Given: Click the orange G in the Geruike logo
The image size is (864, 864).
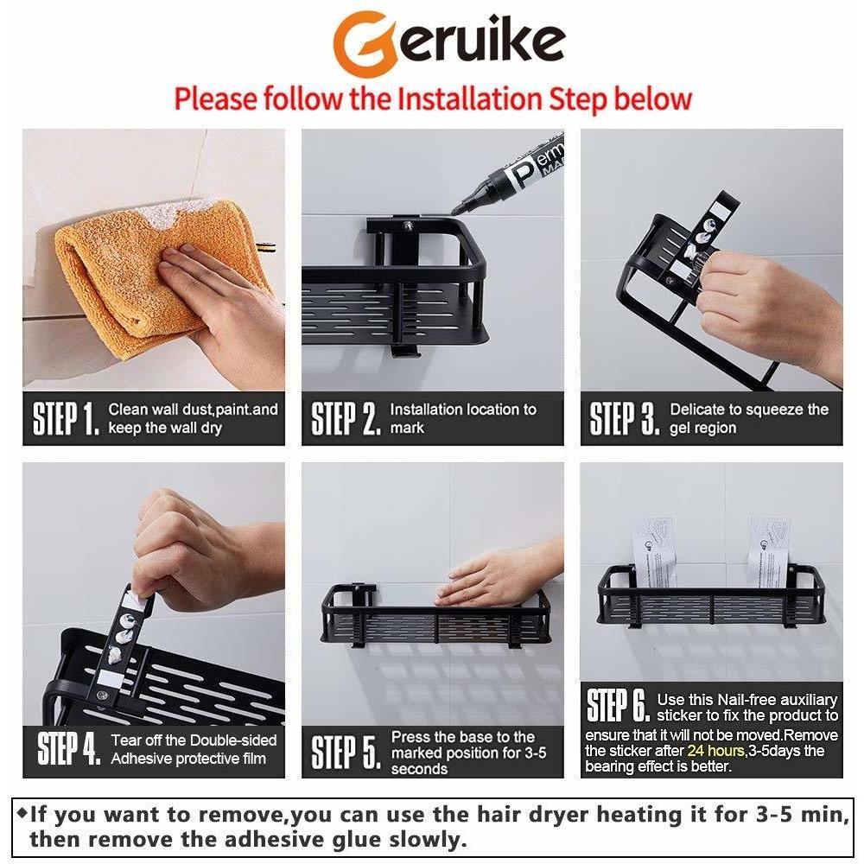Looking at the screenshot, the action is click(365, 44).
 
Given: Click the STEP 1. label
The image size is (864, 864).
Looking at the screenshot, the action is click(67, 419).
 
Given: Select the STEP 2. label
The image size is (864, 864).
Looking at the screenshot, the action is click(346, 419).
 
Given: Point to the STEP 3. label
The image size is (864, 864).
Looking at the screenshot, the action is click(625, 419).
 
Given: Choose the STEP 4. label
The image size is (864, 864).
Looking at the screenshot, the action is click(69, 748).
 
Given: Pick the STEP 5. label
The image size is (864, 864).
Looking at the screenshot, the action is click(346, 752).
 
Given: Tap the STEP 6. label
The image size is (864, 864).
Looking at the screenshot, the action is click(619, 705).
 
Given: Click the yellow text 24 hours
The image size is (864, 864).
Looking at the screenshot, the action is click(715, 751).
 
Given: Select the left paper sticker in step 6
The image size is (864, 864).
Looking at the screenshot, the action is click(654, 551).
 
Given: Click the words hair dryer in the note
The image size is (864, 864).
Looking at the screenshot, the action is click(532, 815).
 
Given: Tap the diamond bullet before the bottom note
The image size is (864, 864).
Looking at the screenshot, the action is click(22, 812).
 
